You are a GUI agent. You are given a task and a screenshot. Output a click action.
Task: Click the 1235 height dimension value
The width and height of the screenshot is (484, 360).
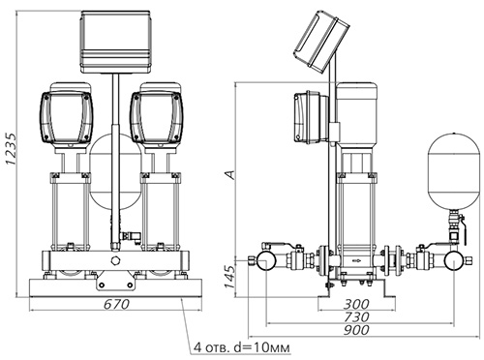(x=11, y=149)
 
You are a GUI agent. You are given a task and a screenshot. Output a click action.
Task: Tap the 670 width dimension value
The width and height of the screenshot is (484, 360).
(x=116, y=304)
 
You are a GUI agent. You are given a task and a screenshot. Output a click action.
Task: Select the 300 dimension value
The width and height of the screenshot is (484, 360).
(x=356, y=304)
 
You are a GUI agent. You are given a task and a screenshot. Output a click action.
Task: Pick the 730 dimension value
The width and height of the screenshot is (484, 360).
(x=356, y=317)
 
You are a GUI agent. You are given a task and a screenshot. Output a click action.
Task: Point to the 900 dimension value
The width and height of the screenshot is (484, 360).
(x=356, y=330)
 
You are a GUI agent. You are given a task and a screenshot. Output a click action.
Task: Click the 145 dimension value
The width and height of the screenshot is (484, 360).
(x=229, y=278)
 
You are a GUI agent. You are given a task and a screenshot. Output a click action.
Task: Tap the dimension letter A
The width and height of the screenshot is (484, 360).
(x=230, y=174)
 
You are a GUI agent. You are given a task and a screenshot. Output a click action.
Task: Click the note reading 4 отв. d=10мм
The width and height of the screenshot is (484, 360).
(x=242, y=347)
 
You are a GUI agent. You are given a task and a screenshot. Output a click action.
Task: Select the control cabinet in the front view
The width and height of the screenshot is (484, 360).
(x=116, y=42)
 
